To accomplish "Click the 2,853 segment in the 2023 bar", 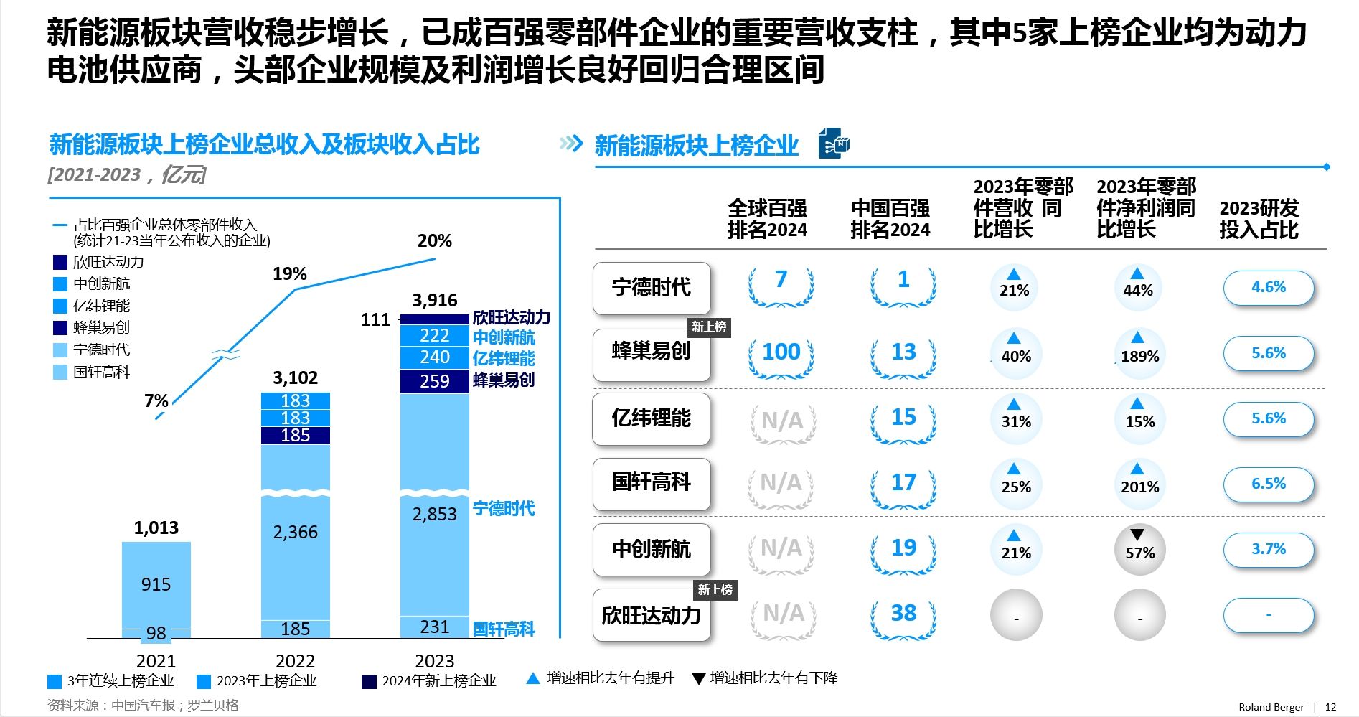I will pos(434,514).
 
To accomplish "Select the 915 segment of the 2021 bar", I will pos(156,584).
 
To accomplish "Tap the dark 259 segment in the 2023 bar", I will pos(434,381).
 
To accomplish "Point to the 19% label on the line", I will pos(290,273).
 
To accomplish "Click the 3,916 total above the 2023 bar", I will pos(435,300).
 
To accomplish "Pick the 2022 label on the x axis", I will pos(295,660).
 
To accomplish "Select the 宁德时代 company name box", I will pos(652,288).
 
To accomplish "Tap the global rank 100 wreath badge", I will pos(781,352).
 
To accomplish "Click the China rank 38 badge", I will pos(903,614).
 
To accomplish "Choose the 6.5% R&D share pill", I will pos(1268,484).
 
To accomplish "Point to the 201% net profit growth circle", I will pos(1139,484).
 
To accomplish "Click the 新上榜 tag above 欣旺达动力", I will pos(715,590).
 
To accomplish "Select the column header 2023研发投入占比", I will pos(1259,219).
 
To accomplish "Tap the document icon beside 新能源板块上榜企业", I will pos(833,144).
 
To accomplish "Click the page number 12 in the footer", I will pos(1330,707).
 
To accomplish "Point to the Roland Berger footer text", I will pos(1271,707).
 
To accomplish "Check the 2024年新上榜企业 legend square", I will pos(369,681).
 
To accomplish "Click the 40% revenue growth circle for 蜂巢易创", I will pos(1015,353).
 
